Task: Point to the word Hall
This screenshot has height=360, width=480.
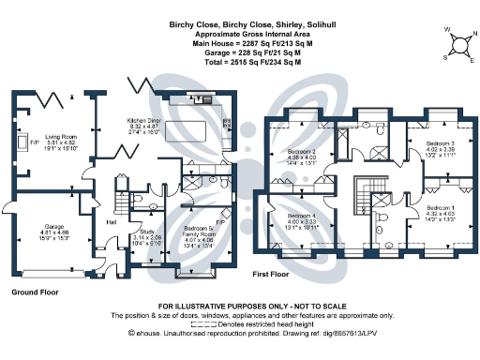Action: tap(112, 223)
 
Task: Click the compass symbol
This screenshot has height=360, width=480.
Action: tap(458, 44)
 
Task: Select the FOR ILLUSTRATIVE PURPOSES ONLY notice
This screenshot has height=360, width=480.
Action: tap(239, 307)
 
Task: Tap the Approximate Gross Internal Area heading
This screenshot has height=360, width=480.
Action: tap(239, 34)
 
